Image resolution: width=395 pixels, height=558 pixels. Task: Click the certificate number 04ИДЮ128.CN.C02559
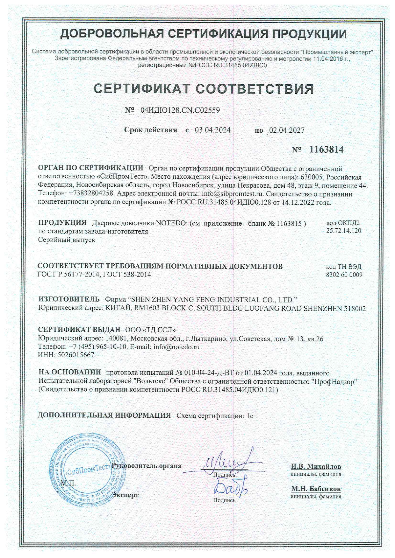180,110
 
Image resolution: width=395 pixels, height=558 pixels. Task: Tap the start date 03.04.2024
212,130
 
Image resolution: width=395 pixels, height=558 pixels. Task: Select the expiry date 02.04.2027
287,130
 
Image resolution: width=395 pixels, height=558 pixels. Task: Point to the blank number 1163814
327,150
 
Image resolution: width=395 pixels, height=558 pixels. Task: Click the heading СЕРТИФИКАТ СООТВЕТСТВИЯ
204,89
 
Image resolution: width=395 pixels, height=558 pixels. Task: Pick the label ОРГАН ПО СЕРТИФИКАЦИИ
90,168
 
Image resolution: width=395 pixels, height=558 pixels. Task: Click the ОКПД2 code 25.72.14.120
344,231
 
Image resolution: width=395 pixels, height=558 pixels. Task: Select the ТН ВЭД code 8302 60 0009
344,275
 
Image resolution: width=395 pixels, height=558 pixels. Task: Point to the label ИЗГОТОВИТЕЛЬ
69,299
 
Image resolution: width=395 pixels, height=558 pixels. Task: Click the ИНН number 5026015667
75,355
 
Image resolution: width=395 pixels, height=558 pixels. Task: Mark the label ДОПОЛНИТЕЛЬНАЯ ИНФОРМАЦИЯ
104,415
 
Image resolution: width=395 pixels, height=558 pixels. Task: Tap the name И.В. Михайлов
316,467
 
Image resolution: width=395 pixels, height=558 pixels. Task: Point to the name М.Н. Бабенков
316,489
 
